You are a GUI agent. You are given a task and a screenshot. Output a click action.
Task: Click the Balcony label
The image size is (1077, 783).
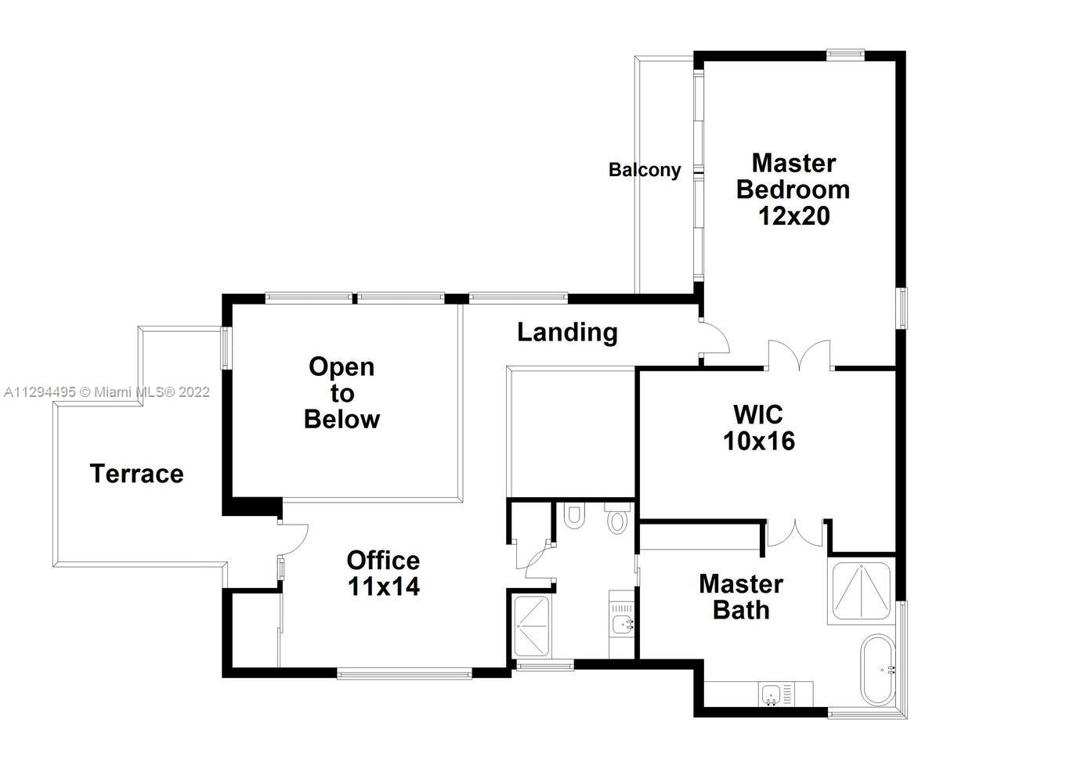coord(645,170)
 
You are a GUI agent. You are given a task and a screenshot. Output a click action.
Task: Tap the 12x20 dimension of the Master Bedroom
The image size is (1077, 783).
coord(793,216)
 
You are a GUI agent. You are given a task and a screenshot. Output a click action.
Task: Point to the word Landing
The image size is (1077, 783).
coord(567,333)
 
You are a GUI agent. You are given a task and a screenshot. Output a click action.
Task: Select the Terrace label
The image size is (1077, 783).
coord(136,474)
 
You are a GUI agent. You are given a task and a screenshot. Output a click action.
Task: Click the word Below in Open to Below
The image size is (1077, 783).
coord(342,419)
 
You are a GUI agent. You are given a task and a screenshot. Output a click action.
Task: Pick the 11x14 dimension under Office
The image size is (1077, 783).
coord(383,586)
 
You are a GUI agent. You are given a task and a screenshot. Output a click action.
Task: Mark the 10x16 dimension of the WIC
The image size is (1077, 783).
coord(759,441)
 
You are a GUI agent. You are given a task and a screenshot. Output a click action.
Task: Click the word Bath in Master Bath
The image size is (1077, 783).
coord(741,610)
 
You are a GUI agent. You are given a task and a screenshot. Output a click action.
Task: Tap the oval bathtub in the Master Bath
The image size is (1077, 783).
coord(878,670)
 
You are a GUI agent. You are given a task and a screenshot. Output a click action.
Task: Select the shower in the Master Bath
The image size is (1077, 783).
coord(862,590)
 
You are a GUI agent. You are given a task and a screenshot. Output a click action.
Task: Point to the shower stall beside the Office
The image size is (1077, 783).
coord(531,626)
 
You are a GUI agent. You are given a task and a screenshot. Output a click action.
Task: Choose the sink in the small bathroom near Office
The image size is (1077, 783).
coord(623,624)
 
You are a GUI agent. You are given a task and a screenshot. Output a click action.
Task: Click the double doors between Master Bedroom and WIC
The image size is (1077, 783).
coord(799,355)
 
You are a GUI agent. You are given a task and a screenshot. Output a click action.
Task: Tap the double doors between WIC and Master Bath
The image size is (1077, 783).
coord(796,532)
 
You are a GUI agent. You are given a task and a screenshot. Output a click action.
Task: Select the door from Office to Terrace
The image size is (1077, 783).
coord(292,539)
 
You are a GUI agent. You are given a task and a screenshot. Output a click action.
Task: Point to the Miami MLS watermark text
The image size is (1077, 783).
coord(107,392)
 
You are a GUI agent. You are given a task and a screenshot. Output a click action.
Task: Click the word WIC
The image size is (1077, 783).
coord(758,415)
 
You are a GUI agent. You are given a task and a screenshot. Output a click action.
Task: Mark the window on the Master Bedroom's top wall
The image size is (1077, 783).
coord(845,54)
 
